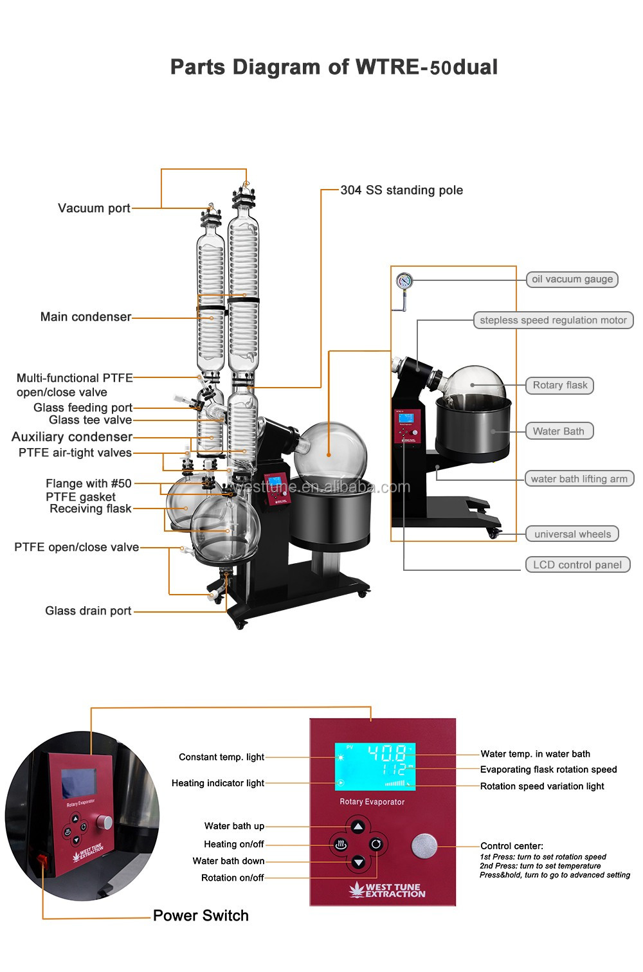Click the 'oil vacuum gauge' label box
(x=572, y=279)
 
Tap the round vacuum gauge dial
(x=404, y=280)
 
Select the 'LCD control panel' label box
(x=577, y=564)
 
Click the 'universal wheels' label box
(x=572, y=534)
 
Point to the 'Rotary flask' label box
(x=559, y=385)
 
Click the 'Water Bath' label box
(x=558, y=431)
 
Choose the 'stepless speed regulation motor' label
(x=553, y=320)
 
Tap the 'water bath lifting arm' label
(x=579, y=478)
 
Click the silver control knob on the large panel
(x=424, y=846)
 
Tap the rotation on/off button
(x=376, y=844)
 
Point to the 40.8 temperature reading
(x=386, y=753)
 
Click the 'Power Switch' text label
(x=201, y=915)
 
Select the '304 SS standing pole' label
(x=401, y=190)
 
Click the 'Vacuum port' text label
(x=94, y=208)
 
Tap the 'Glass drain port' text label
(x=88, y=611)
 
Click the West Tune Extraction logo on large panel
(x=387, y=890)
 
